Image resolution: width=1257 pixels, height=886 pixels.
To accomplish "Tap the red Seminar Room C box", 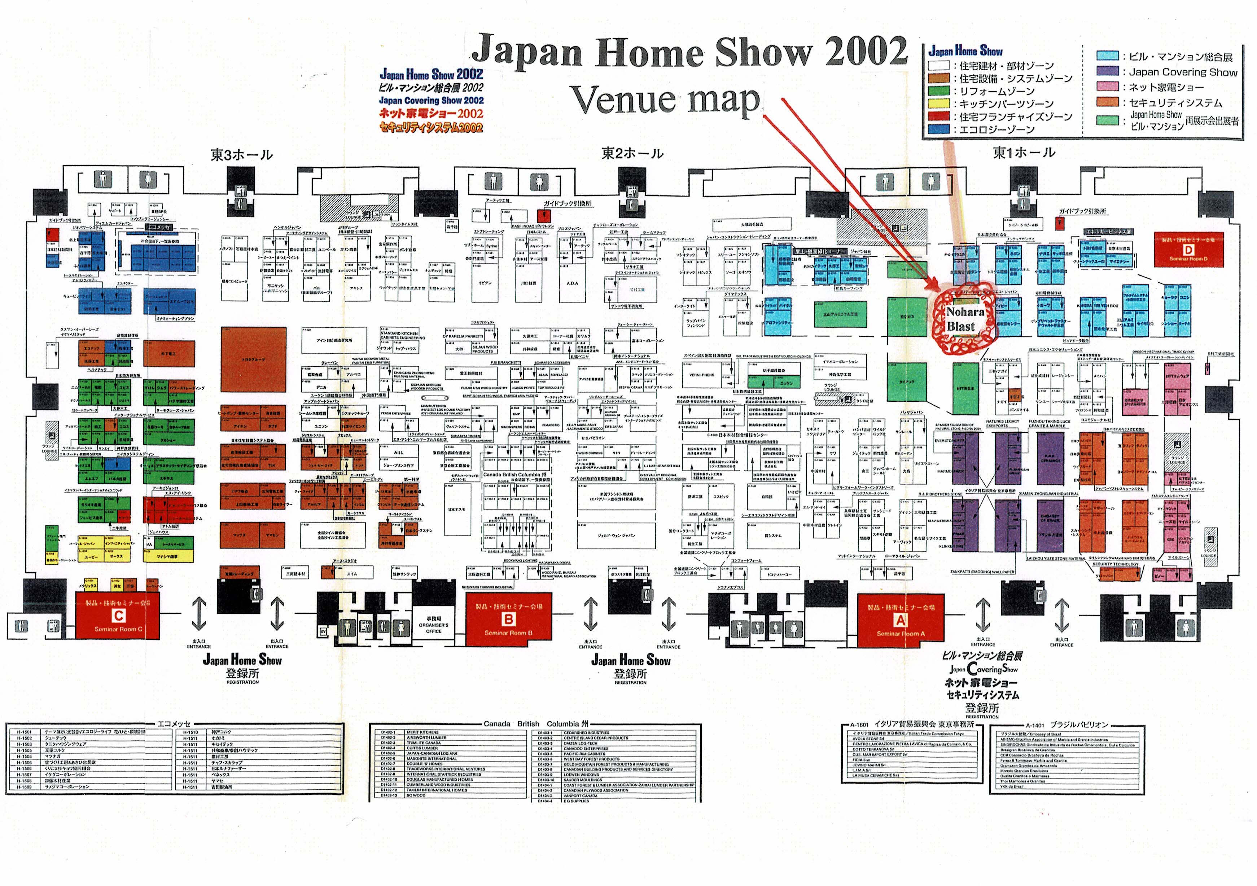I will click(118, 615).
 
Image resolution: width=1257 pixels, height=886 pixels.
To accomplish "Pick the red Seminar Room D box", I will click(1188, 251).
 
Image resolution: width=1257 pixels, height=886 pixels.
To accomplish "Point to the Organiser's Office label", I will click(434, 625).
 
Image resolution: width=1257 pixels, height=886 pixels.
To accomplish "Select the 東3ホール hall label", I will click(241, 155).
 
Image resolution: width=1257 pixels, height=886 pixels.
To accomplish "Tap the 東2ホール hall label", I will click(632, 153).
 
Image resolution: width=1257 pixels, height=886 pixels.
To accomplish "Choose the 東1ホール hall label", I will click(1024, 153).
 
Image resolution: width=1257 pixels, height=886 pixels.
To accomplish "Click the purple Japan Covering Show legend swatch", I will click(1107, 71).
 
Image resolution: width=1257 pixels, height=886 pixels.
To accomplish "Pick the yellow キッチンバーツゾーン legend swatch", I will click(938, 103).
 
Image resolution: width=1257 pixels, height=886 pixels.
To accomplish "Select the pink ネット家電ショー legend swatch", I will click(1107, 87).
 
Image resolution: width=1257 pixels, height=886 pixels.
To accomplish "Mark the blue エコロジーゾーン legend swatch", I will click(938, 129).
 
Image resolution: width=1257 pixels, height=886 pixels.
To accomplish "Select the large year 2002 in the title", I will click(866, 52).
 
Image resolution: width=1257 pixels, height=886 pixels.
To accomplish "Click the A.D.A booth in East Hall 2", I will click(572, 283).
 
